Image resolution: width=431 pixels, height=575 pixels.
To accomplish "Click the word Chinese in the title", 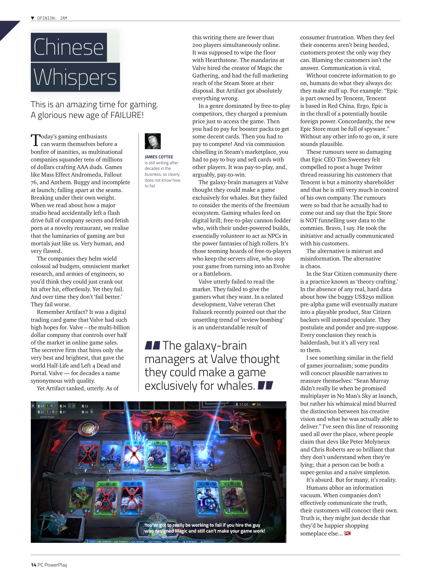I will pyautogui.click(x=68, y=47).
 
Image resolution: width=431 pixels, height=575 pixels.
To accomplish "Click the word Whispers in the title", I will pyautogui.click(x=75, y=77).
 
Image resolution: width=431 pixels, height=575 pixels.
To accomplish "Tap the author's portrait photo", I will pyautogui.click(x=153, y=141).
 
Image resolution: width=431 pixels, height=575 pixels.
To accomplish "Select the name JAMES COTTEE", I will pyautogui.click(x=159, y=157).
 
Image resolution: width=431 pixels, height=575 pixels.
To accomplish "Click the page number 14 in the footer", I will pyautogui.click(x=33, y=565).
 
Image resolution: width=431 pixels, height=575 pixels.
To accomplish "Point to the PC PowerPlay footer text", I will pyautogui.click(x=52, y=565).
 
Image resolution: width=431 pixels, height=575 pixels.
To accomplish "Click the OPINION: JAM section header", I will pyautogui.click(x=52, y=18).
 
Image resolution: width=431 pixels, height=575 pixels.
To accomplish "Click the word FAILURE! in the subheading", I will pyautogui.click(x=127, y=115).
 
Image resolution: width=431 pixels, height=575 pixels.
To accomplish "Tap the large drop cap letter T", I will pyautogui.click(x=35, y=140).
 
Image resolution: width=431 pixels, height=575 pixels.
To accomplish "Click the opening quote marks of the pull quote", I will pyautogui.click(x=152, y=345).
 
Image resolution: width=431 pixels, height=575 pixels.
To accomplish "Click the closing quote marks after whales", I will pyautogui.click(x=265, y=385).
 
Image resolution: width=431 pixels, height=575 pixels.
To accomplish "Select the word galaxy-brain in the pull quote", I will pyautogui.click(x=215, y=346).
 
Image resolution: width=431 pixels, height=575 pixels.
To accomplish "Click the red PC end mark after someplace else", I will pyautogui.click(x=347, y=533).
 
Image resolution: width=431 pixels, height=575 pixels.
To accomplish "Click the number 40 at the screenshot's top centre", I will pyautogui.click(x=168, y=427).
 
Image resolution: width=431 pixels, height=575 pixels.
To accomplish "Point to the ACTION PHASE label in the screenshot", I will pyautogui.click(x=47, y=417).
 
